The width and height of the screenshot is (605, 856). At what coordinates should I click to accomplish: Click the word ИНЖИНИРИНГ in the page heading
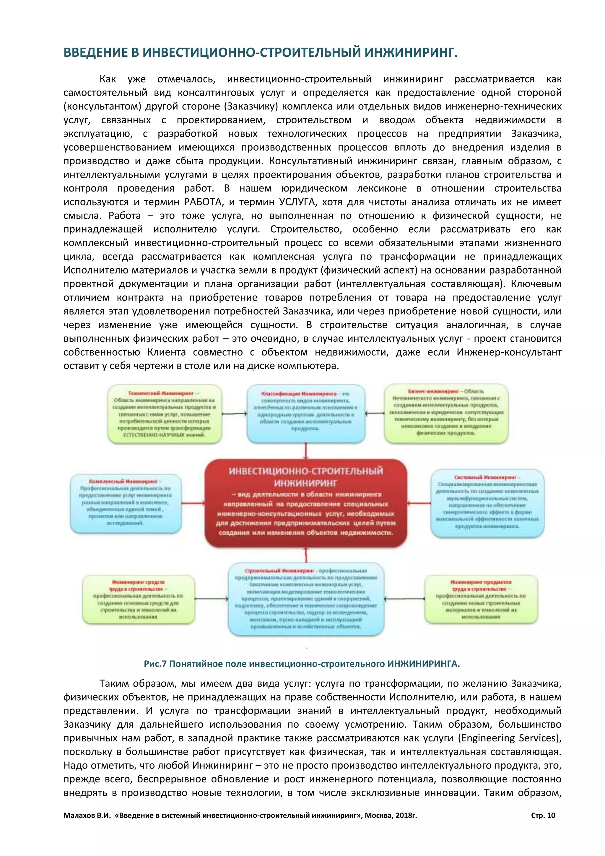pos(410,52)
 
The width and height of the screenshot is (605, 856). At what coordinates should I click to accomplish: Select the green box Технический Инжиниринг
pos(165,414)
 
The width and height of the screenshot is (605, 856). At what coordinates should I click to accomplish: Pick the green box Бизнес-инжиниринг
pos(446,413)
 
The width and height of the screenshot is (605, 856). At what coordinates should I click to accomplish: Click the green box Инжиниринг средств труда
pos(138,599)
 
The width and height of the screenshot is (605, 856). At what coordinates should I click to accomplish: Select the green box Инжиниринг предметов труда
pos(481,599)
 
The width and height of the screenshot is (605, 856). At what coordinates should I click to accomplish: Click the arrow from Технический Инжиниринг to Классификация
pos(234,414)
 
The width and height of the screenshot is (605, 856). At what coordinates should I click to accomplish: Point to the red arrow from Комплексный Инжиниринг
pos(193,503)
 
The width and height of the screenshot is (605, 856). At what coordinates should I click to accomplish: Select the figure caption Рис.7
pos(302,664)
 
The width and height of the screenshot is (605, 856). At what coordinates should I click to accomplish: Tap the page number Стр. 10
pos(543,816)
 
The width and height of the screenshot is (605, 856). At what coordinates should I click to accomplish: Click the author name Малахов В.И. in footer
pos(87,816)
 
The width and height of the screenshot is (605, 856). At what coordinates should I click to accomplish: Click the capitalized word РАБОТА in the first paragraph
pos(203,202)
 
